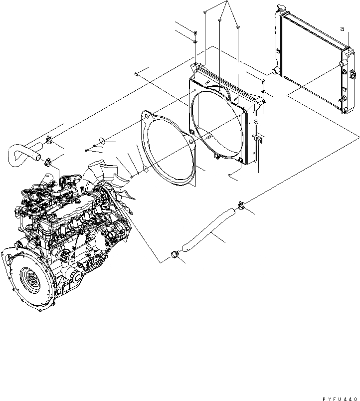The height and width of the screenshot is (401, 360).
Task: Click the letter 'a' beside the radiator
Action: (342, 29)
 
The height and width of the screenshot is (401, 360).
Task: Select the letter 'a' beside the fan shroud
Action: (256, 121)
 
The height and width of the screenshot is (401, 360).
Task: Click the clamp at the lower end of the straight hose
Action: (175, 254)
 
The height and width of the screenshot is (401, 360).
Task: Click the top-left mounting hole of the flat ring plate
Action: (146, 118)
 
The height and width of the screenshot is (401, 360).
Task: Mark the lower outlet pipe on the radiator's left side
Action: (274, 72)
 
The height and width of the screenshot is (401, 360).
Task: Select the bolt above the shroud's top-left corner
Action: (195, 34)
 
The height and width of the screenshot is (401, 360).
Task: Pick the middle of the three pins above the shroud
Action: (220, 20)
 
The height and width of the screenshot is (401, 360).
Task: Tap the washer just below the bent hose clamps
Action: (100, 142)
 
